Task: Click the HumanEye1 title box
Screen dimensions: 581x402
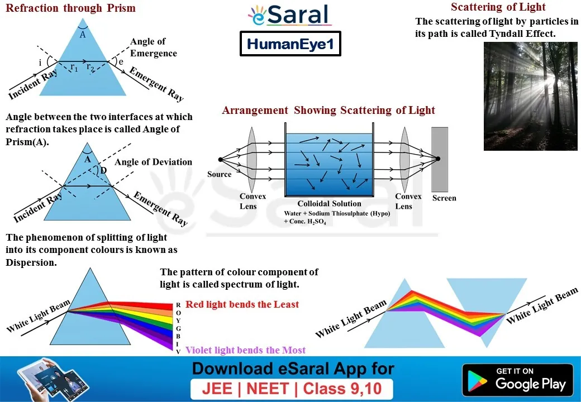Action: tap(290, 44)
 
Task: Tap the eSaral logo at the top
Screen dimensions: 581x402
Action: tap(289, 15)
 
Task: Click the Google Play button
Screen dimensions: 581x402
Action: tap(518, 380)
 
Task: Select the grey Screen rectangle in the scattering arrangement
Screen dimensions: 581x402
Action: tap(440, 159)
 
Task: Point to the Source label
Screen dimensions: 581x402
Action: tap(220, 174)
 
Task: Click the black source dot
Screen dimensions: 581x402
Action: tap(221, 160)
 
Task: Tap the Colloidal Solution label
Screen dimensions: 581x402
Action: tap(329, 204)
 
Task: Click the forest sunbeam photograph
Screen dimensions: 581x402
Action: tap(530, 96)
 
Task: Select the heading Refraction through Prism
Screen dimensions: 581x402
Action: tap(70, 8)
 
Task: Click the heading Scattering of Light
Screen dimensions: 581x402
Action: tap(498, 7)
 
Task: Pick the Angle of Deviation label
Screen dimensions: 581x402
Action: tap(153, 162)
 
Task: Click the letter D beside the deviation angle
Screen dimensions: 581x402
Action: tap(103, 170)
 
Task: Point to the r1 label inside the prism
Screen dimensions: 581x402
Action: tap(74, 68)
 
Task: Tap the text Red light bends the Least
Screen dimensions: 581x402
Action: tap(242, 304)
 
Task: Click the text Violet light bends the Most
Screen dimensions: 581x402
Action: tap(245, 350)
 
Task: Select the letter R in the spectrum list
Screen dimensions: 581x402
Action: tap(178, 305)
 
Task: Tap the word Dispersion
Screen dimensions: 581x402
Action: tap(31, 262)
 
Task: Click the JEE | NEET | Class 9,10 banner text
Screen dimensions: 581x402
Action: tap(292, 389)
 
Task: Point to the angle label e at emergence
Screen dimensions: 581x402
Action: tap(121, 62)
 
